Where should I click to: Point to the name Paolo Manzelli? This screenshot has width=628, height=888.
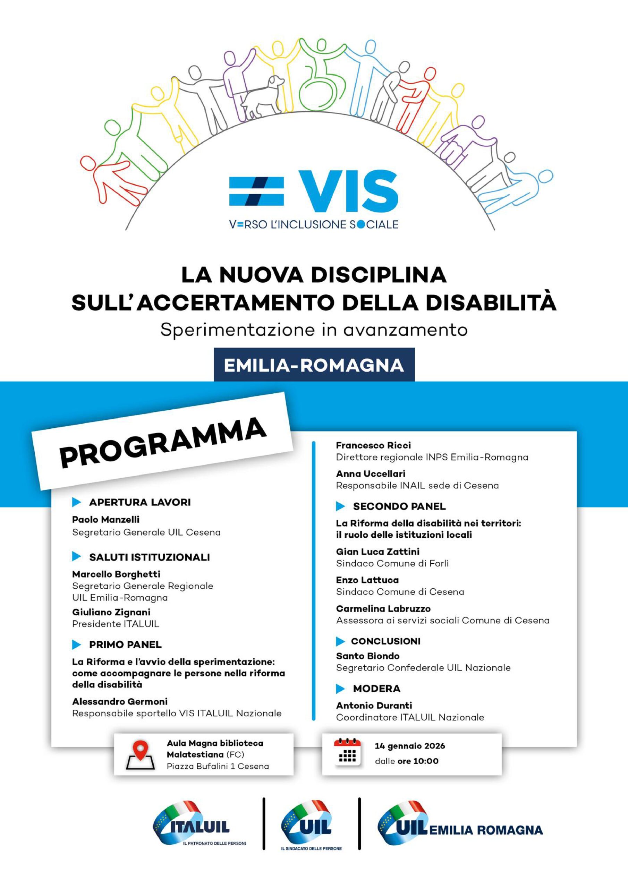(105, 519)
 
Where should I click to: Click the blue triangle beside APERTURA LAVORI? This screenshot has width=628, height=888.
(76, 502)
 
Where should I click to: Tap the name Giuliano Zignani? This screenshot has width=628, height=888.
(111, 612)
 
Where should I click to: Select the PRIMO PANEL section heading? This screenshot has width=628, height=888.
(125, 644)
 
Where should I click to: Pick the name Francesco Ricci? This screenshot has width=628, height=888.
(373, 445)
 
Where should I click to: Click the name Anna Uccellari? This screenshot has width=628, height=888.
(371, 473)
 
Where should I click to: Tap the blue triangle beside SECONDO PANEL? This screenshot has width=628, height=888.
(340, 506)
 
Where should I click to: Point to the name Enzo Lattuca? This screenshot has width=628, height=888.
(367, 580)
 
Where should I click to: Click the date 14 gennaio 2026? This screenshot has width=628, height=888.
(409, 746)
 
